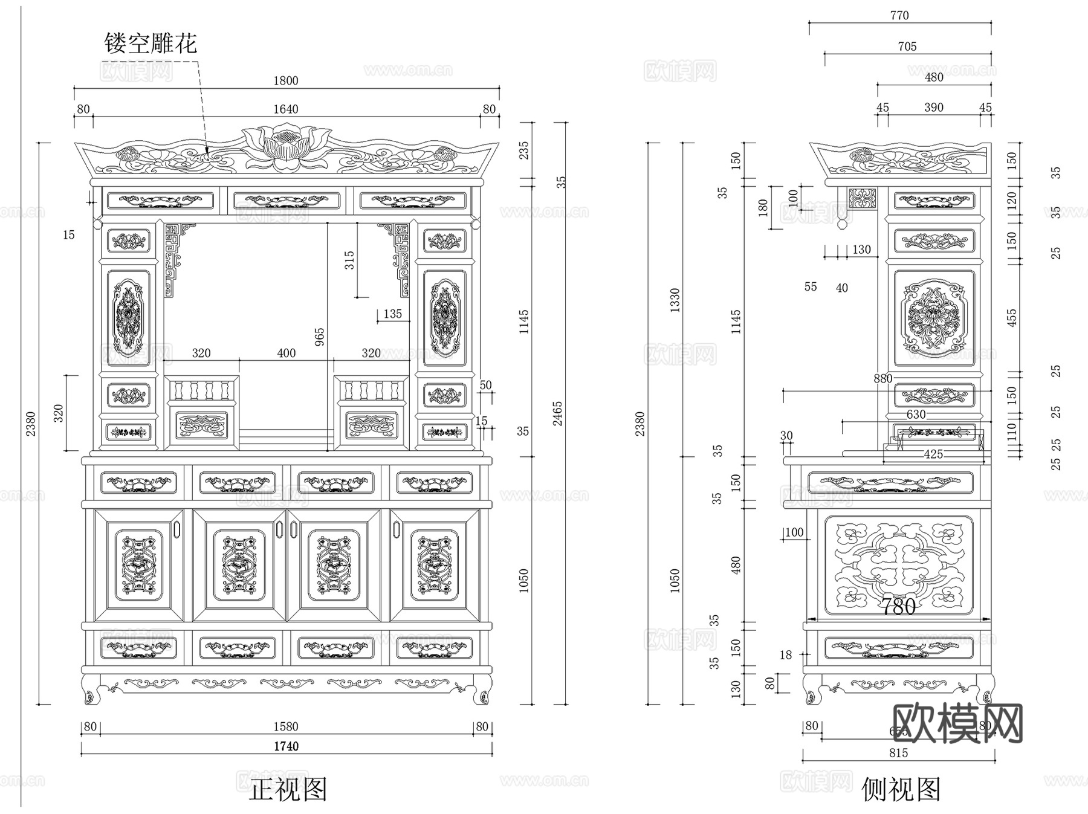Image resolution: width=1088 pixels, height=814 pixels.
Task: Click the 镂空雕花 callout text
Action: (151, 43)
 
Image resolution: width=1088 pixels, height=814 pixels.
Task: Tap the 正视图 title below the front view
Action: (288, 790)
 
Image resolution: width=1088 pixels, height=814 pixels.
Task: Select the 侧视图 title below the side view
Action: (901, 790)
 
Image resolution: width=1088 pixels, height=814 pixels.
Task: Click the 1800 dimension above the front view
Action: (286, 80)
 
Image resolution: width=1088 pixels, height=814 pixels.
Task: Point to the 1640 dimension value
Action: (286, 109)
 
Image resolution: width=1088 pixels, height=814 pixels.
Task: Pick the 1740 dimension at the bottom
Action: (286, 746)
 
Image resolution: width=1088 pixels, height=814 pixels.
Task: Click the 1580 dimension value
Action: (286, 726)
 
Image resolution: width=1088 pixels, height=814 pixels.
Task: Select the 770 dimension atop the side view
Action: (899, 15)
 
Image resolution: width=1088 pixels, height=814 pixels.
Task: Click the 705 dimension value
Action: (907, 47)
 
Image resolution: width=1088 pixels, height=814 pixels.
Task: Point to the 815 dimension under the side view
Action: (898, 753)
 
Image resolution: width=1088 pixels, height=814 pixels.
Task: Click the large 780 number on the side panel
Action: (898, 606)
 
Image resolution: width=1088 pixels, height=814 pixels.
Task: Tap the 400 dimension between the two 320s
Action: (287, 353)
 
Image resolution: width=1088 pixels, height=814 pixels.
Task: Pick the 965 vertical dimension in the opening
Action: (319, 337)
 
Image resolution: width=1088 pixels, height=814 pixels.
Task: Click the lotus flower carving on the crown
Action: (287, 146)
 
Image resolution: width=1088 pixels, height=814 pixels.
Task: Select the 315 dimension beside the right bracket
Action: (349, 260)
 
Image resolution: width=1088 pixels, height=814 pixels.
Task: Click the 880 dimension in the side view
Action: (882, 378)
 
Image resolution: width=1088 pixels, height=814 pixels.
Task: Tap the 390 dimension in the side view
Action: (933, 107)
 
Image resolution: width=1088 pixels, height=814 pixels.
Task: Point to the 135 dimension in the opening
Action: (392, 314)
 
